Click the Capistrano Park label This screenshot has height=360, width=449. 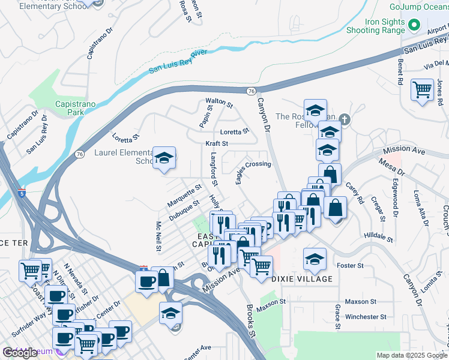(x=76, y=108)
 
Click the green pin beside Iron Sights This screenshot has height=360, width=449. (x=414, y=25)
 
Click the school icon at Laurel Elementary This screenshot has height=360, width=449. (x=164, y=158)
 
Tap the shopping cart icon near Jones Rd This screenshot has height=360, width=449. (x=422, y=90)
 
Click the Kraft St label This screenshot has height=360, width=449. (x=217, y=144)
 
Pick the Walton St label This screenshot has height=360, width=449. (x=218, y=103)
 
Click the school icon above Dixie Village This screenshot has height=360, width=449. (x=314, y=259)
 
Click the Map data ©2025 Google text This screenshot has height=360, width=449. (x=412, y=355)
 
